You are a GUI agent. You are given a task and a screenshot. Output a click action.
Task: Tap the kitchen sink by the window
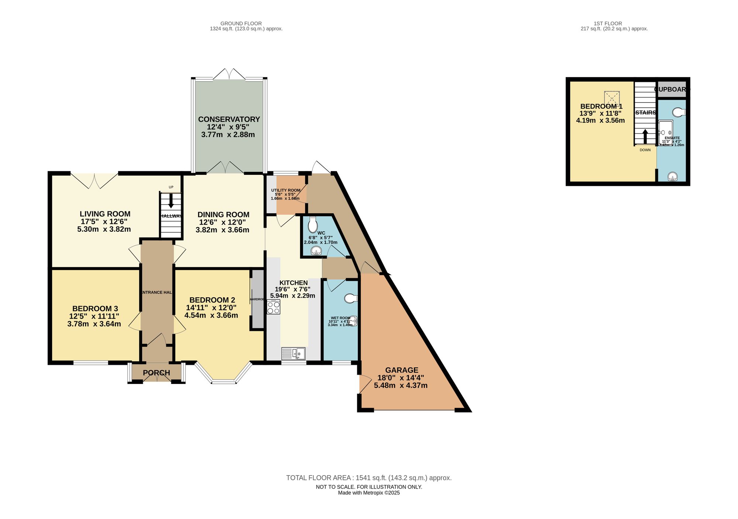pyautogui.click(x=293, y=353)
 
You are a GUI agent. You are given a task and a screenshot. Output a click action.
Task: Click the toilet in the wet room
pyautogui.click(x=351, y=298)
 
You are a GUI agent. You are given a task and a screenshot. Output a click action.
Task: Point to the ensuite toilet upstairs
pyautogui.click(x=678, y=112)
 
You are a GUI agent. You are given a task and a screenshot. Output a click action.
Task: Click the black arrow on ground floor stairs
pyautogui.click(x=171, y=201)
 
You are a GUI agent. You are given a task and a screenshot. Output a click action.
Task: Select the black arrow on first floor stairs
pyautogui.click(x=645, y=136)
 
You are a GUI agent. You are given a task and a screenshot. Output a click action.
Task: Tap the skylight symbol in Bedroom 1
pyautogui.click(x=612, y=98)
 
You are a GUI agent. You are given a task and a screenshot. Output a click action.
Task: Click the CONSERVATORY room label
pyautogui.click(x=229, y=120)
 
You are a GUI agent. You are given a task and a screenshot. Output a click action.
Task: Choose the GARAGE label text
pyautogui.click(x=401, y=370)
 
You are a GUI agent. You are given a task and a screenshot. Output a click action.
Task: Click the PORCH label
pyautogui.click(x=156, y=373)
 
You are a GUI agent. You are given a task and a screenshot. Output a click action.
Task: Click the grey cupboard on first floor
pyautogui.click(x=672, y=90)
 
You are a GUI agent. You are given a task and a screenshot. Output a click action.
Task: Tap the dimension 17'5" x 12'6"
pyautogui.click(x=104, y=222)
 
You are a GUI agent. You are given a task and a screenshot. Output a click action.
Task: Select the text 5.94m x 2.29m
pyautogui.click(x=293, y=296)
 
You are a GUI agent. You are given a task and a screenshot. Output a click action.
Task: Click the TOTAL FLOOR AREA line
pyautogui.click(x=369, y=478)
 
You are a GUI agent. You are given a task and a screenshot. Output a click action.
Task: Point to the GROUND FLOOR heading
pyautogui.click(x=241, y=24)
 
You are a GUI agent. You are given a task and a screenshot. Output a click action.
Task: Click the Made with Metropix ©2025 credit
pyautogui.click(x=369, y=493)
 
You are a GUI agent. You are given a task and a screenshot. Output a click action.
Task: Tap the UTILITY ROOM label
pyautogui.click(x=286, y=190)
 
